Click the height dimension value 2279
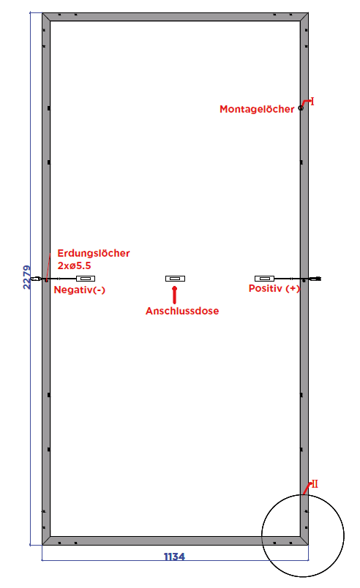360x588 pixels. coord(27,277)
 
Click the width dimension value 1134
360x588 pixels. coord(174,557)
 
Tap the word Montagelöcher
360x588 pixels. coord(257,109)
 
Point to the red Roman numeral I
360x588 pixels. coord(312,101)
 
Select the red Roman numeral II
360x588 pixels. coord(315,483)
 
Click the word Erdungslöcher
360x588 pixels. coord(94,253)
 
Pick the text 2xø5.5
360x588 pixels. coord(74,265)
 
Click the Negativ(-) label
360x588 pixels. coord(80,290)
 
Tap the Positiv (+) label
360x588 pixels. coord(274,288)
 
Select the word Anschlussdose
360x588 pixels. coord(182,311)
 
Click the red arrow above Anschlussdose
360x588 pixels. coord(174,295)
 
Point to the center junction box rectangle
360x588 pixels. coord(175,279)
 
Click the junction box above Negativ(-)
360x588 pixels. coord(86,279)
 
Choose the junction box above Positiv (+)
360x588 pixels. coord(264,279)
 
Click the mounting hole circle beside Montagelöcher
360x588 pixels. coord(301,108)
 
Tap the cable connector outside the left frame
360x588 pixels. coord(36,279)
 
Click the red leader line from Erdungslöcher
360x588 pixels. coord(48,267)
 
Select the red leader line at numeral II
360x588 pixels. coord(307,489)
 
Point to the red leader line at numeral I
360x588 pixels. coord(306,102)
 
